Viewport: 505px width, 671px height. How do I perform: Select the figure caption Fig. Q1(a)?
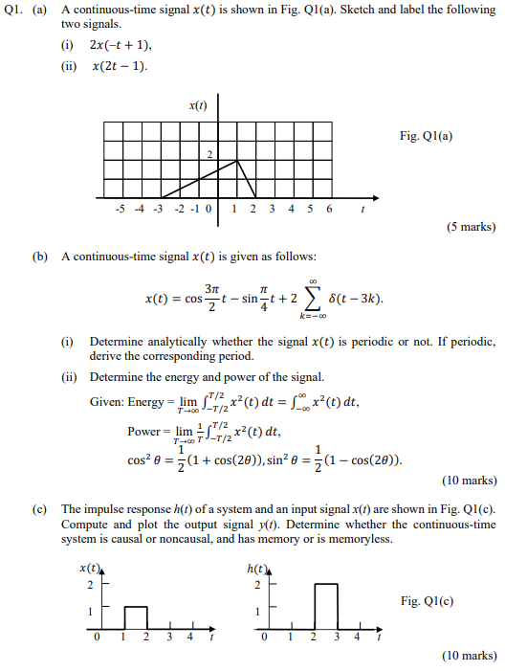(427, 136)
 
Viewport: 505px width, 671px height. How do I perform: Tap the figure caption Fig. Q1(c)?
(428, 600)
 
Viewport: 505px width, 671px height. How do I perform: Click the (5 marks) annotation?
(471, 227)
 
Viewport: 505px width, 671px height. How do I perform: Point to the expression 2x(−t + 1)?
(121, 45)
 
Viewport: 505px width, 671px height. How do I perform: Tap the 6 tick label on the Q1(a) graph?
(329, 207)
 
